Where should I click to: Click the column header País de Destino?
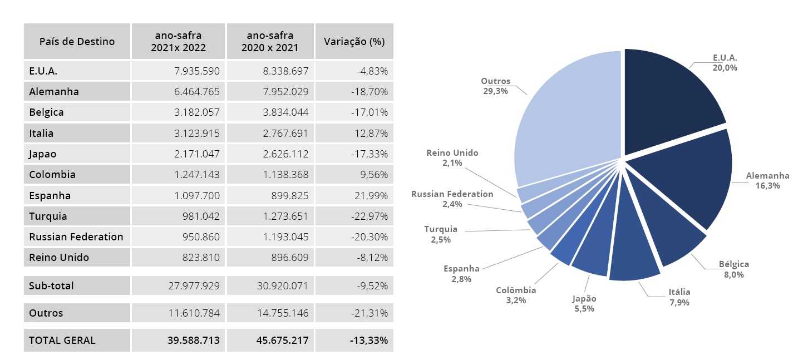77,41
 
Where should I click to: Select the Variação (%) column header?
354,41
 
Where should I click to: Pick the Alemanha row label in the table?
54,92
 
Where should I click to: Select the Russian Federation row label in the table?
76,237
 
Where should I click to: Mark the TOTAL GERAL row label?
62,340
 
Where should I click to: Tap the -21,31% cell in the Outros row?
370,313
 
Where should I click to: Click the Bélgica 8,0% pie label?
733,269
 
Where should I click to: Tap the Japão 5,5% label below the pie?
584,303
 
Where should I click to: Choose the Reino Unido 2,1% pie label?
452,158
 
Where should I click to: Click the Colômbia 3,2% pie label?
516,295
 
